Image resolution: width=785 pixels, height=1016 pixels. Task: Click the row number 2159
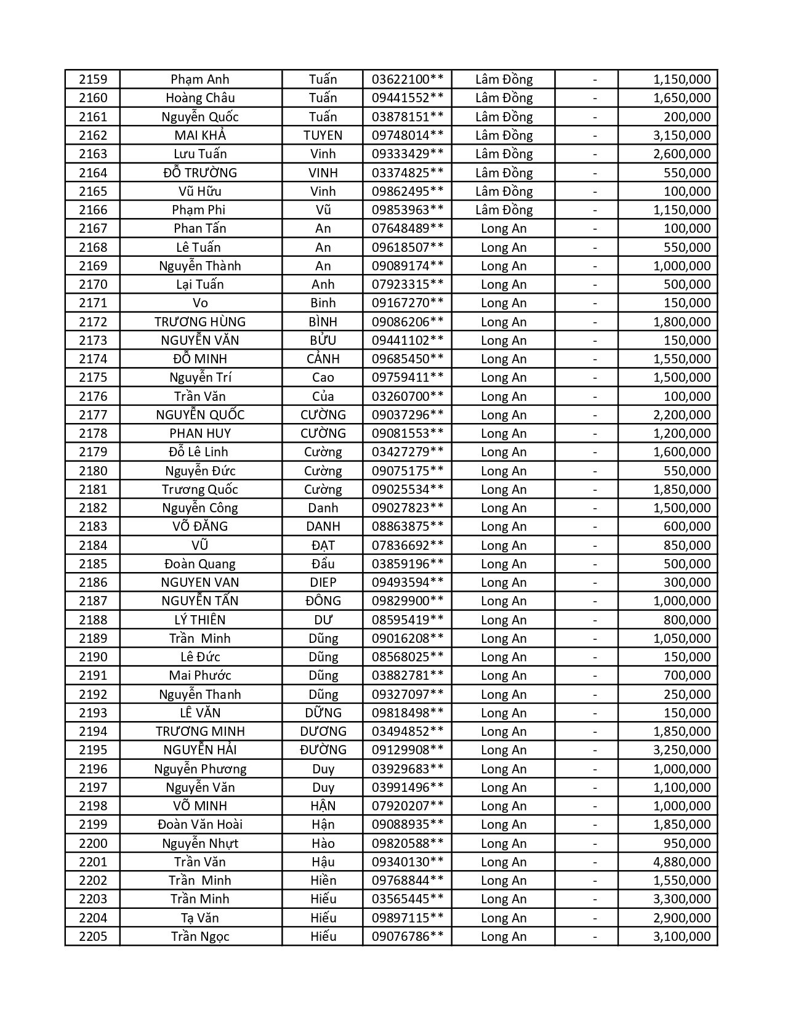(x=93, y=79)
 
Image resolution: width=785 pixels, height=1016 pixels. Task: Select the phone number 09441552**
(x=407, y=98)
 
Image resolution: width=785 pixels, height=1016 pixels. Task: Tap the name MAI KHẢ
(x=200, y=135)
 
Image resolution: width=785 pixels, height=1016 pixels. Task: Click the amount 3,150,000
(x=682, y=135)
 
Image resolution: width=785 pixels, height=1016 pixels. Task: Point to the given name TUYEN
(x=323, y=135)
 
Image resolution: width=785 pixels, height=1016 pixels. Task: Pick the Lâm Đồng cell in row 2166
(x=504, y=210)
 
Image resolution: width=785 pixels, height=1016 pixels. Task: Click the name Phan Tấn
(x=200, y=228)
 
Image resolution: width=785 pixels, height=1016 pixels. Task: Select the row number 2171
(x=93, y=303)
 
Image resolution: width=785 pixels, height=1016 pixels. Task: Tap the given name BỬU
(x=323, y=341)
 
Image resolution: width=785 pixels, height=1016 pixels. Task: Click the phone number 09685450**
(x=407, y=359)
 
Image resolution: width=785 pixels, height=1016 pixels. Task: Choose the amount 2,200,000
(x=682, y=415)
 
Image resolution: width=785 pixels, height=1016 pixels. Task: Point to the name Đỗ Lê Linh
(x=200, y=452)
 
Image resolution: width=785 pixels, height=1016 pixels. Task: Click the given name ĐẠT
(x=323, y=546)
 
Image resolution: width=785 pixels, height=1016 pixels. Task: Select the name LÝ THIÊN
(x=200, y=620)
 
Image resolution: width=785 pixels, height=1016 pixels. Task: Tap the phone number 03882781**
(x=407, y=675)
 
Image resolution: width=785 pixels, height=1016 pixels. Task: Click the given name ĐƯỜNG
(x=323, y=750)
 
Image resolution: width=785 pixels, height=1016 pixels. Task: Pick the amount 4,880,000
(x=682, y=862)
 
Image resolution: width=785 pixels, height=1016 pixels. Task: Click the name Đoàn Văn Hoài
(x=200, y=824)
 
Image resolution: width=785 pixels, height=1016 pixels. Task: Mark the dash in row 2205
(x=595, y=937)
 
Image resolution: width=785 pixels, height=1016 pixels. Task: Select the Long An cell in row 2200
(x=504, y=844)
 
